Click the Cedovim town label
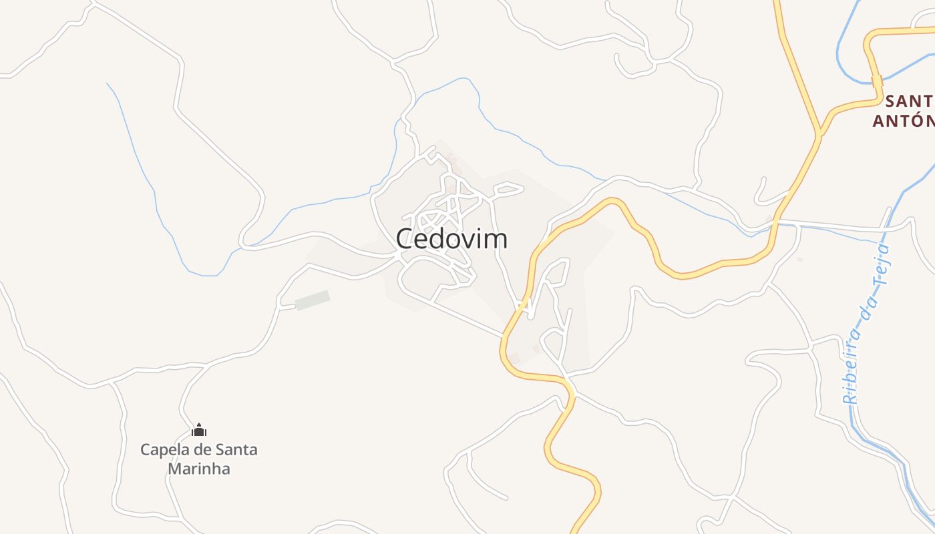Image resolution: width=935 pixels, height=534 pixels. pos(451,238)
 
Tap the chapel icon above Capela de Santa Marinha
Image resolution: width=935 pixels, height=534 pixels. pos(199,430)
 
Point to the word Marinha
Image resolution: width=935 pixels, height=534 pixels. pos(199,469)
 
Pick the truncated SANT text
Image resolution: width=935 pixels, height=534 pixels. pos(909,101)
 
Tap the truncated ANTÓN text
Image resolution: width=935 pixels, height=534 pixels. pos(904,121)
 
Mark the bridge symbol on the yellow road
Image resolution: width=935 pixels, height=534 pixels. pos(877,81)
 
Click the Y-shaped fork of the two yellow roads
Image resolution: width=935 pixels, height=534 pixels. pos(818,133)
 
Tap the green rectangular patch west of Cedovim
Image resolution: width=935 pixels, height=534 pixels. pos(313,300)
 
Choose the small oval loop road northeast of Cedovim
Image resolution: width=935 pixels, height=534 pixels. pos(508,190)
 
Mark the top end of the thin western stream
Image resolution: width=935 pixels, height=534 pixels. pos(108,84)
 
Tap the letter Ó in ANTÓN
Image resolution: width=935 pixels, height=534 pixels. pos(912,120)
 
